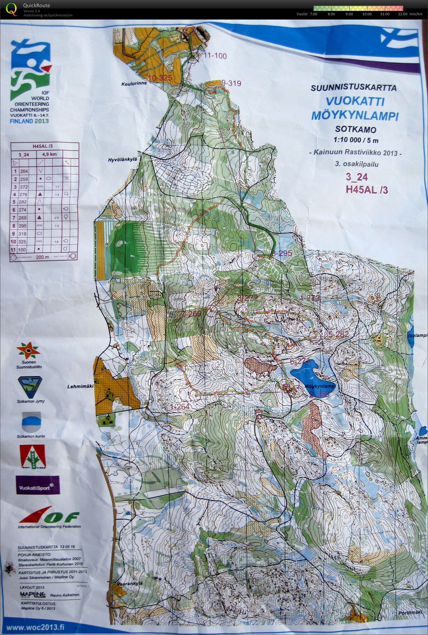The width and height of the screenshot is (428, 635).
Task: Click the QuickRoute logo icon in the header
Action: click(11, 9)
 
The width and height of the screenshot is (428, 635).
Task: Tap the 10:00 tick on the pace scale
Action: click(367, 14)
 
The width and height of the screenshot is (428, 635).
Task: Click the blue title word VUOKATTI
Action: click(355, 102)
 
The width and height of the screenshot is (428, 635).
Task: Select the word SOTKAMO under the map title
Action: click(356, 130)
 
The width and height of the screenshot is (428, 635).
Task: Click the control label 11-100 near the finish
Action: click(215, 56)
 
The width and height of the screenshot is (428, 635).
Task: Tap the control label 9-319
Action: click(231, 83)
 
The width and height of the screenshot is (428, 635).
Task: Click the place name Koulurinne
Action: click(134, 84)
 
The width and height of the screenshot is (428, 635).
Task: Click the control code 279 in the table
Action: click(23, 194)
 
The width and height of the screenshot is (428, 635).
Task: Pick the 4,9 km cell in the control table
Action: click(50, 154)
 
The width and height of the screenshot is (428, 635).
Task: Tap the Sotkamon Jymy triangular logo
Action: click(31, 387)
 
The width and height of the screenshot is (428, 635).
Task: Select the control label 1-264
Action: click(180, 407)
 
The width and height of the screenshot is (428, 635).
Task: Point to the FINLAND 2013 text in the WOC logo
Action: click(29, 121)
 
